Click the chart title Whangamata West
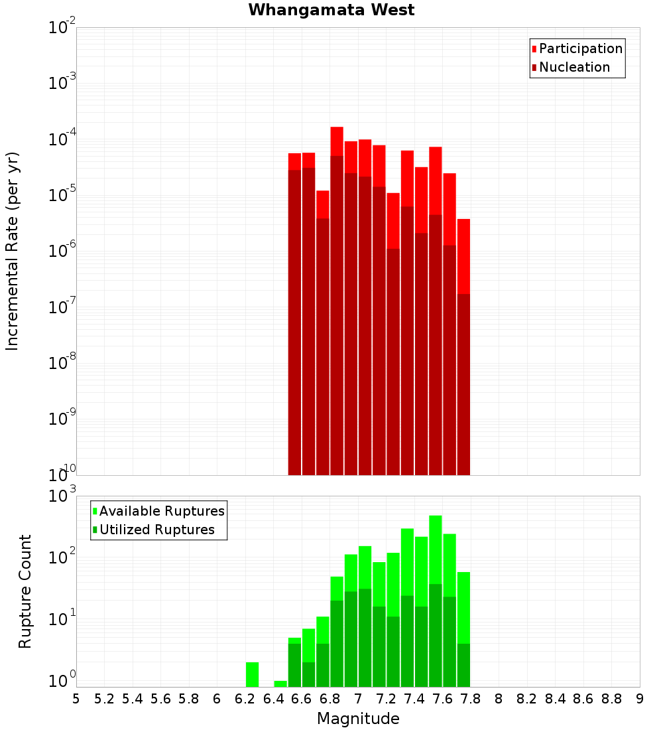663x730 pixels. coord(331,10)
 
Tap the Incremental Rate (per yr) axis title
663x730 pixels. coord(13,251)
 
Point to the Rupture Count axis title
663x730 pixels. coord(25,591)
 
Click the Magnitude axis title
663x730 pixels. coord(358,719)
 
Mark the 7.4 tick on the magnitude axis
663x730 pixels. coord(414,698)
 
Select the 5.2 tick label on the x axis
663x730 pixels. coord(104,698)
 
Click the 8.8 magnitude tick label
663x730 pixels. coord(611,698)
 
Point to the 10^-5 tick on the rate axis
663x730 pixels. coord(62,195)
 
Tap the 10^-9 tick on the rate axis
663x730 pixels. coord(62,419)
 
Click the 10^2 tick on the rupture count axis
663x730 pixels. coord(62,556)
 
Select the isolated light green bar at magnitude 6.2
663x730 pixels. coord(252,674)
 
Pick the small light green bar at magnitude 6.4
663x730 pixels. coord(280,684)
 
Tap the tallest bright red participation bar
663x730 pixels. coord(337,141)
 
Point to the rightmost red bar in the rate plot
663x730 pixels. coord(463,256)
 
